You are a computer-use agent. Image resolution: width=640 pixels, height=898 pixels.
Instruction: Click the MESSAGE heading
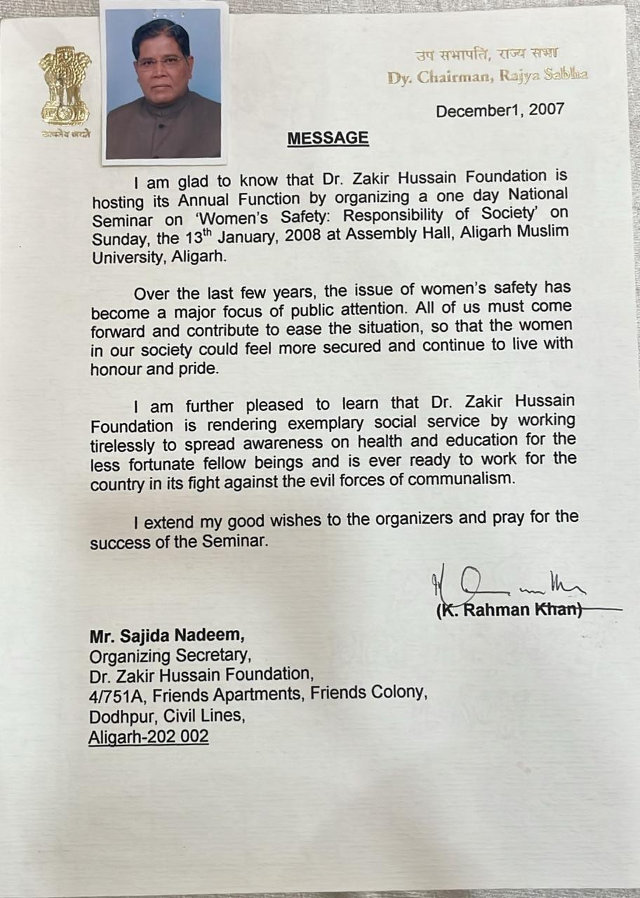[x=328, y=138]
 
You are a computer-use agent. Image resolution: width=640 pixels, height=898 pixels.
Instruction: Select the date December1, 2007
[x=500, y=111]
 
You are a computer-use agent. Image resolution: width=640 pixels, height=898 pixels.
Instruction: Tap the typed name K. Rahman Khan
[x=509, y=610]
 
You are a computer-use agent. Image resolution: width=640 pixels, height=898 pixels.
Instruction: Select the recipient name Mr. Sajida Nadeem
[x=167, y=637]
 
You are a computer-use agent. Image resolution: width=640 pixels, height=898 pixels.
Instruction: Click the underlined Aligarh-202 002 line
[x=149, y=737]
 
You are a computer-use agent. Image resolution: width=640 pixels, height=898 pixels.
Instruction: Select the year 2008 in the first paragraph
[x=300, y=236]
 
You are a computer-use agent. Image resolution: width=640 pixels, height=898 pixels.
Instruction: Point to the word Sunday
[x=119, y=237]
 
